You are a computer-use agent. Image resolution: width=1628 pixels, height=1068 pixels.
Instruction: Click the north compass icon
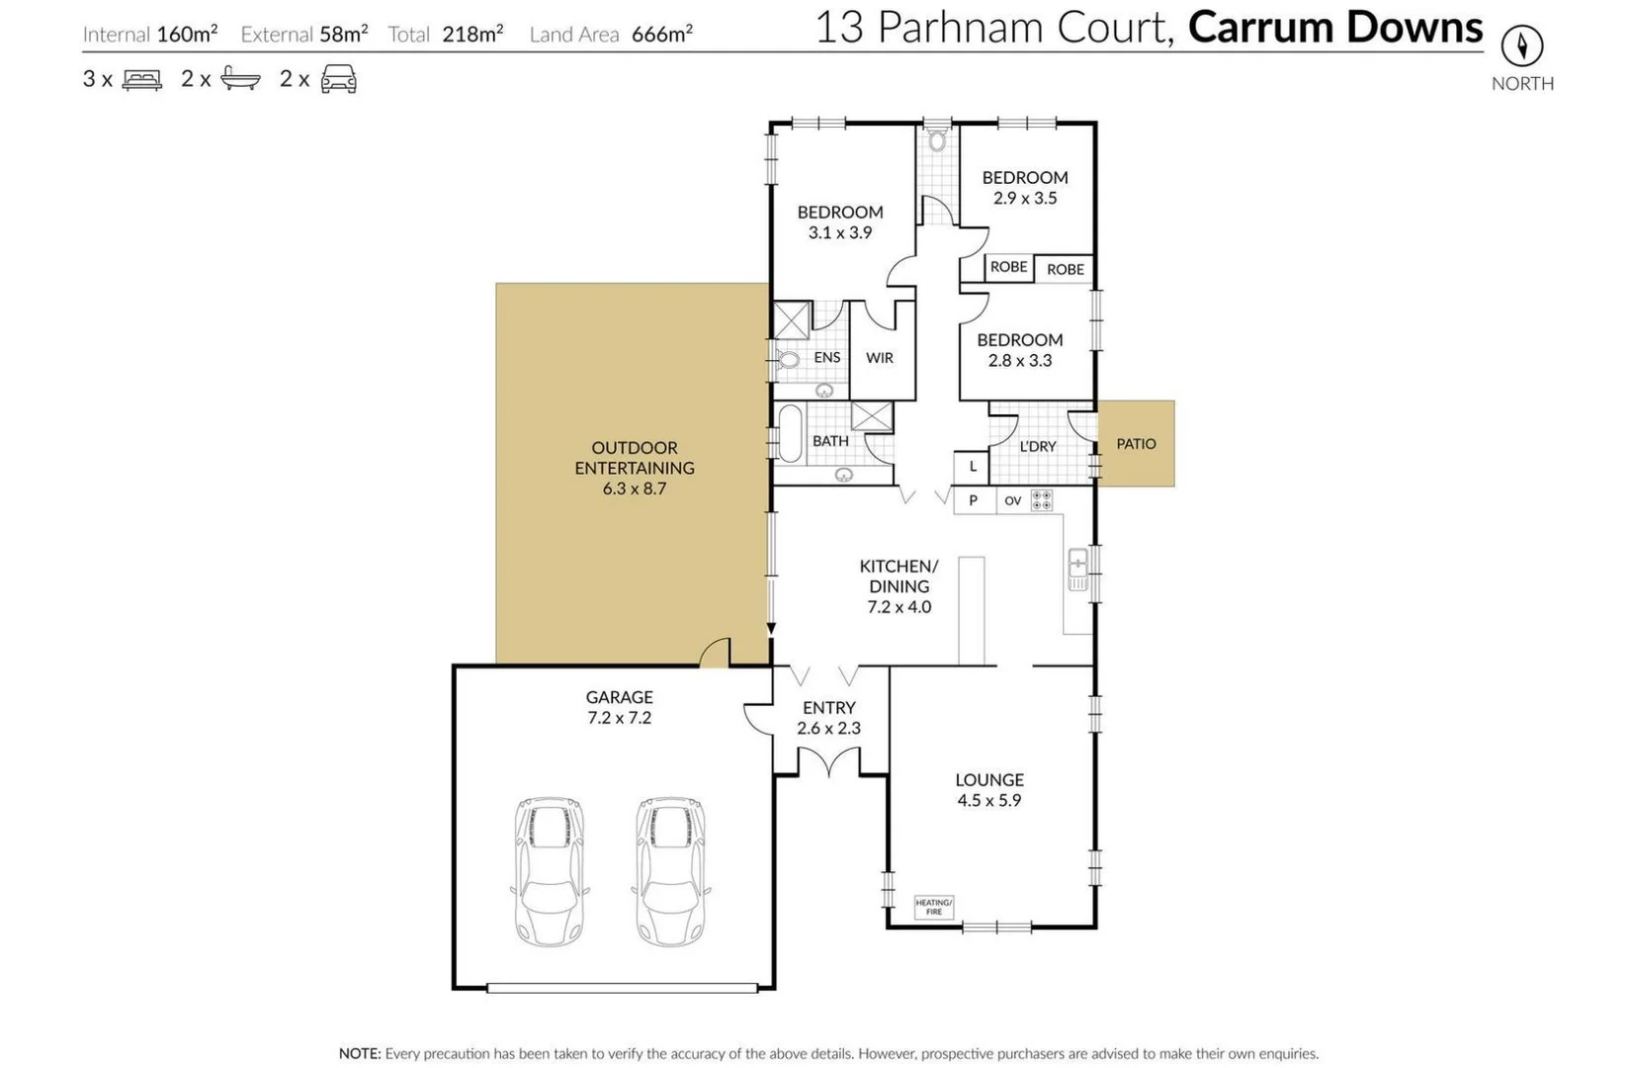click(x=1521, y=45)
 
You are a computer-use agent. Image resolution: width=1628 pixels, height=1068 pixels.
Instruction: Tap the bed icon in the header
click(x=141, y=79)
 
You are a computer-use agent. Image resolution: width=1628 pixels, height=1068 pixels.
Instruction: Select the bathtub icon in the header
click(x=240, y=79)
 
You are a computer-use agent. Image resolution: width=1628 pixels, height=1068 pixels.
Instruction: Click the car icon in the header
click(x=338, y=79)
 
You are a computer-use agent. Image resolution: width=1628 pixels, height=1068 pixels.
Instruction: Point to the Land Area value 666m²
click(x=661, y=35)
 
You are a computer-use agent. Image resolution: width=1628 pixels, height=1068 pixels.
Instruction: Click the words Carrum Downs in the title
click(x=1334, y=28)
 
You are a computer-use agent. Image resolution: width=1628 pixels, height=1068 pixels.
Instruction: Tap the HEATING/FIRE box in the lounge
click(x=933, y=907)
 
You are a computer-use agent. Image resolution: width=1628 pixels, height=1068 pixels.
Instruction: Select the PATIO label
click(x=1136, y=444)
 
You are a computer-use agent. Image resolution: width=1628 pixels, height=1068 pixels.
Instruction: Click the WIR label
click(x=879, y=358)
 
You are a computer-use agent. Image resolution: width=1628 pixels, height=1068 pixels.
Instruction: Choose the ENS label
click(x=826, y=358)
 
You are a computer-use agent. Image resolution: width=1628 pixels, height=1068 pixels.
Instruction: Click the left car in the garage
click(x=550, y=871)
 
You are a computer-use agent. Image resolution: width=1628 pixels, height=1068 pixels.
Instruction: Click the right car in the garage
click(x=670, y=871)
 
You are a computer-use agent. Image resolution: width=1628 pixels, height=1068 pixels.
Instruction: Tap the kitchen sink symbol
click(x=1077, y=570)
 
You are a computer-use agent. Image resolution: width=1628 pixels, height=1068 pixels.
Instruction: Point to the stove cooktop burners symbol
click(x=1041, y=500)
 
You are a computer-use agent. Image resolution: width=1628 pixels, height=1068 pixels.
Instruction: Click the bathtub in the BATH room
click(x=790, y=434)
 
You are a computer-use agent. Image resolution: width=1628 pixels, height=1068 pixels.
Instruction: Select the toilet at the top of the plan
click(x=937, y=139)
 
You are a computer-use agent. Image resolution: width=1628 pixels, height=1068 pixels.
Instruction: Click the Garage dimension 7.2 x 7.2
click(x=619, y=718)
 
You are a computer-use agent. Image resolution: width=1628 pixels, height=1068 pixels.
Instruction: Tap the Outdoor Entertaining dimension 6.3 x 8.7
click(x=634, y=489)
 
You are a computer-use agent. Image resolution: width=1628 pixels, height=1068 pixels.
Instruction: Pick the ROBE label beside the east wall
click(x=1065, y=269)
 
